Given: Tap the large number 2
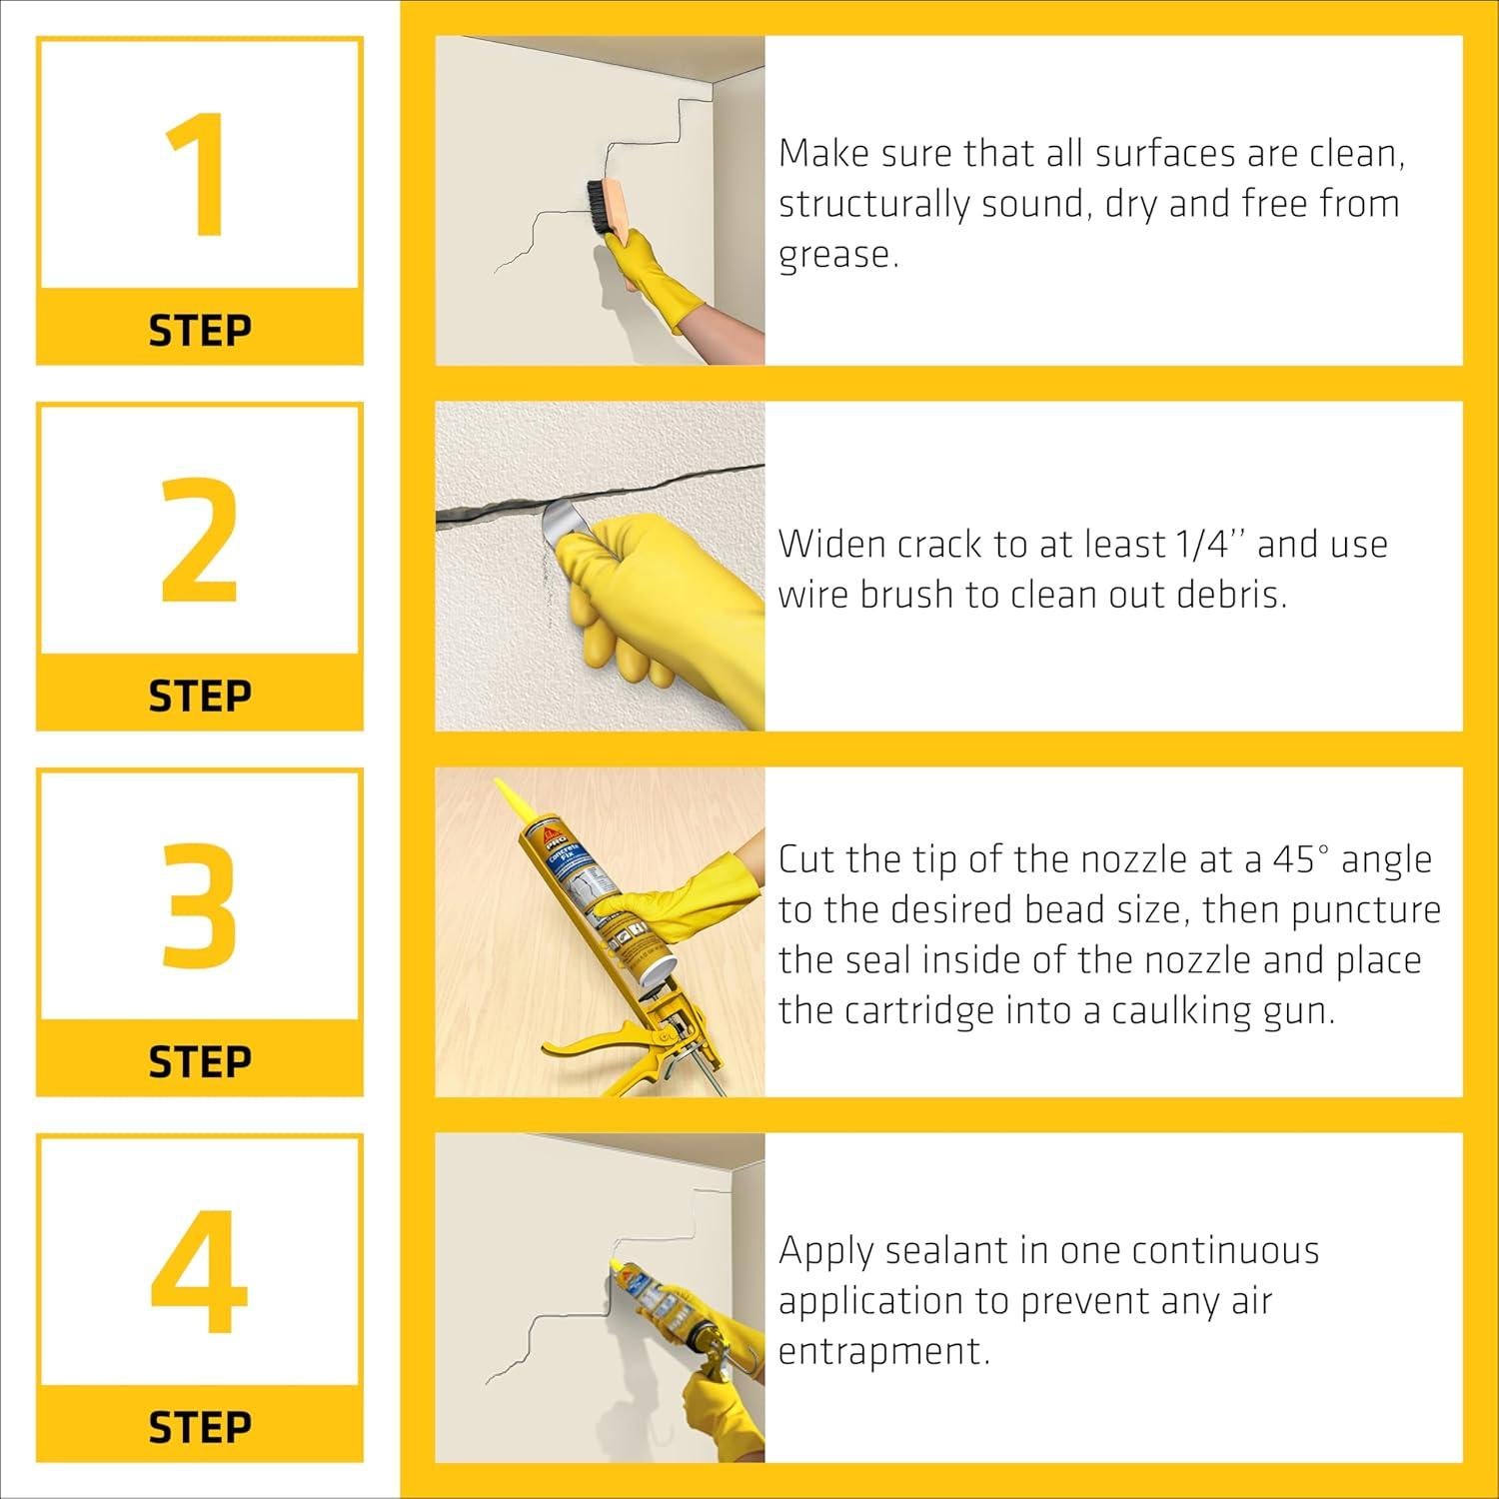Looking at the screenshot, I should tap(200, 541).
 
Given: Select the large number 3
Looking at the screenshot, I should tap(200, 906).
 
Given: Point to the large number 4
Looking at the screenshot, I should tap(200, 1272).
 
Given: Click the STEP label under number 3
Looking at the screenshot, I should tap(200, 1061).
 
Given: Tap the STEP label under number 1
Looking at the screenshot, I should tap(200, 330).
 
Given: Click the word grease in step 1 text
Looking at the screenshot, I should tap(837, 255).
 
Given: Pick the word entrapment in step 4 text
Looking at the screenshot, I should tap(883, 1351).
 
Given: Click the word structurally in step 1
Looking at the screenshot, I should tap(873, 204).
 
